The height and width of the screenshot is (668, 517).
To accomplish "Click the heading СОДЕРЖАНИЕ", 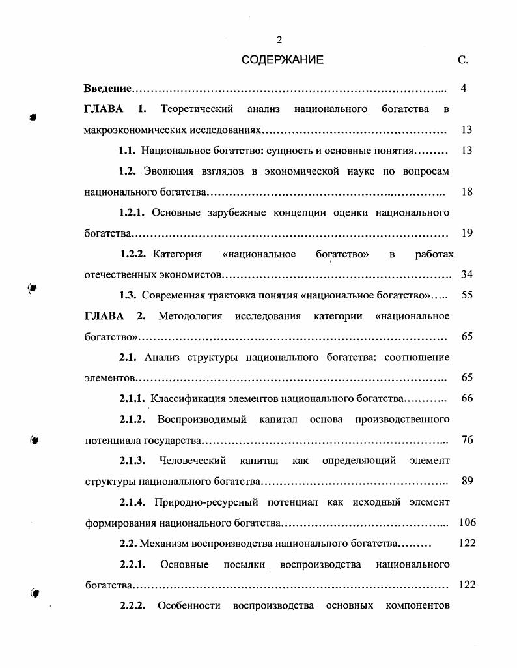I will [282, 60].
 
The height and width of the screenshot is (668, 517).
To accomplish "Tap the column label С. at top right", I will [463, 60].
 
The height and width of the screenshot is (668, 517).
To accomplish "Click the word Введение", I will [108, 88].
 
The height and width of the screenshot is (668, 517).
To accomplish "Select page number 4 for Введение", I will [463, 88].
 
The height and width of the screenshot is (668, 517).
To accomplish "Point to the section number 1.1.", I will [127, 151].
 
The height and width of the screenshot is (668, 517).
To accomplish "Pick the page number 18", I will [466, 192].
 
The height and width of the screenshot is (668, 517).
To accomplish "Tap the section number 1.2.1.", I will [132, 212].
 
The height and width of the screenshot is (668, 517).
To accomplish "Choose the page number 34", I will [466, 274].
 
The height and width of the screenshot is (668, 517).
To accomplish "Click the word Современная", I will [172, 295].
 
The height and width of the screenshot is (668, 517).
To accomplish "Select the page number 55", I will [466, 295].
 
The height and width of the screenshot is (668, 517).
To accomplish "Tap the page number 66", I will [466, 398].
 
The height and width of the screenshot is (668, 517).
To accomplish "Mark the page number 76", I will [466, 440].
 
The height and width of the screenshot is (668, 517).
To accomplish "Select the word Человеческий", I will [193, 461].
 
